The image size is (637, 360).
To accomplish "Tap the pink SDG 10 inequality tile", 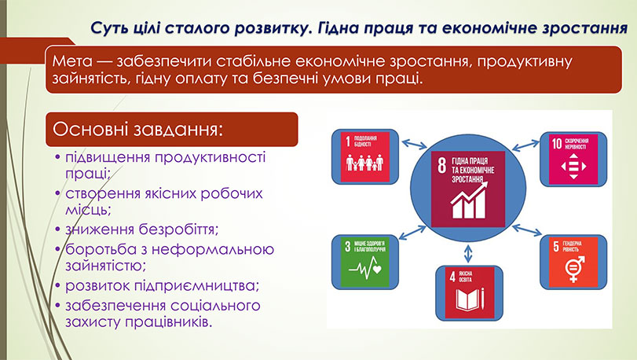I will click(572, 156).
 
